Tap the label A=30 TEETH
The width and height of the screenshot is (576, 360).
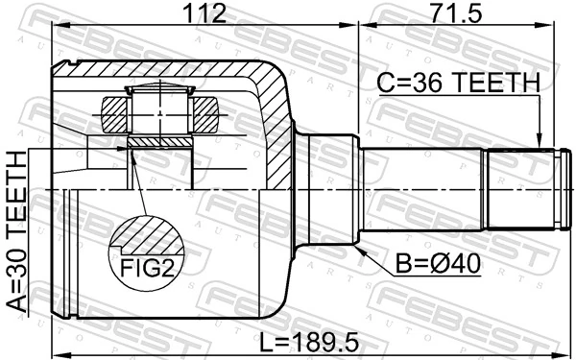[x=18, y=235]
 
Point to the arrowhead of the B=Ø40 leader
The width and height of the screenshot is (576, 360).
[x=361, y=247]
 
